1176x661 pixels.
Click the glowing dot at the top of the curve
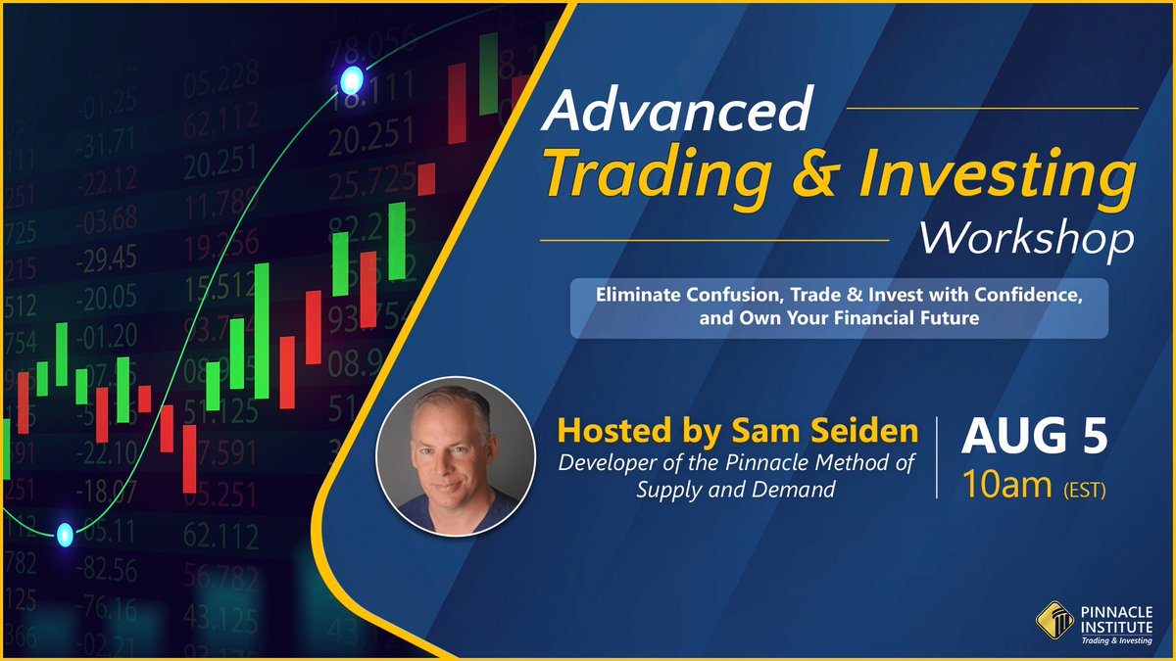click(350, 77)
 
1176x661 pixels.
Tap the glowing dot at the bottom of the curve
click(65, 534)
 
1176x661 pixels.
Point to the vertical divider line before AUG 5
click(938, 460)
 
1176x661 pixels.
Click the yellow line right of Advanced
click(991, 108)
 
